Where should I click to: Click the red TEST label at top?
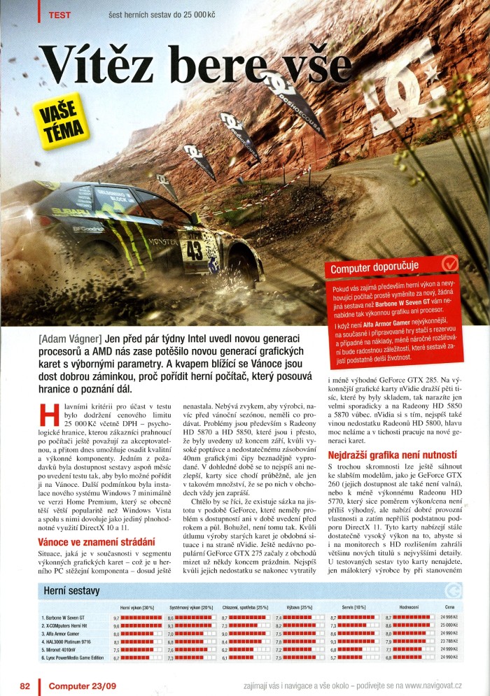point(60,14)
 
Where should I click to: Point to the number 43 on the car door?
point(193,248)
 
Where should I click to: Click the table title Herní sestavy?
point(73,591)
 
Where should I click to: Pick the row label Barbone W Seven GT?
point(65,618)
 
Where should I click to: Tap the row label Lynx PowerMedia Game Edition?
point(75,658)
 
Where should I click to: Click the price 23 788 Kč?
point(448,641)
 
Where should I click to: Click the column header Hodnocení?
point(409,606)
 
